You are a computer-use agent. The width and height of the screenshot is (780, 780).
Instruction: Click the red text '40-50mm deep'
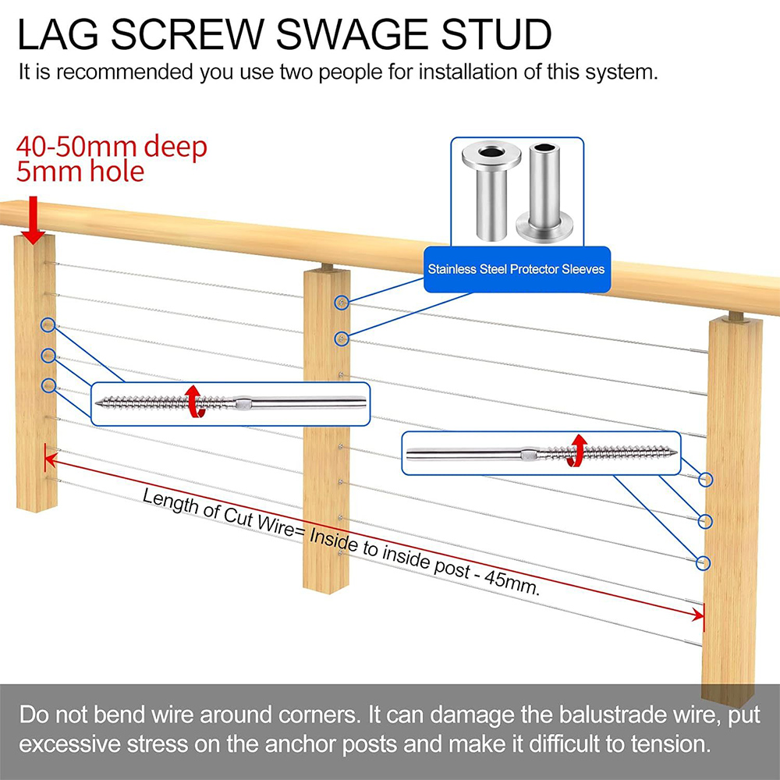tap(112, 147)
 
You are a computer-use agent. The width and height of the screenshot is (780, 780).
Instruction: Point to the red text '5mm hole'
tap(80, 172)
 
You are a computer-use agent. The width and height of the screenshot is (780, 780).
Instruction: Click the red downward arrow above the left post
tap(34, 220)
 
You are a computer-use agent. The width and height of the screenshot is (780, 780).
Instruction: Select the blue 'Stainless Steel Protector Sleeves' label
tap(516, 269)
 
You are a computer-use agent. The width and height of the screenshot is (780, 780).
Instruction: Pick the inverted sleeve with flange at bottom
tap(544, 193)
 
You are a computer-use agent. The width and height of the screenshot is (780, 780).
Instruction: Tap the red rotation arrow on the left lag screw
tap(193, 401)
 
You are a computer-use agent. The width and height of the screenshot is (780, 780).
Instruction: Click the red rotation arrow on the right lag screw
tap(576, 451)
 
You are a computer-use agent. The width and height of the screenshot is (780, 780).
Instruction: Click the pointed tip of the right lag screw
tap(675, 452)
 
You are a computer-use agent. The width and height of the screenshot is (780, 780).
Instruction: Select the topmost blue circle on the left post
tap(48, 324)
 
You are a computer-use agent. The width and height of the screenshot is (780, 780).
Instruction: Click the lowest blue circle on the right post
tap(704, 562)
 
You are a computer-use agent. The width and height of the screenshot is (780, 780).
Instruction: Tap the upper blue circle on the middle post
tap(342, 303)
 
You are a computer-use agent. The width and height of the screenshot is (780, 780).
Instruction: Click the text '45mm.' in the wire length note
tap(512, 583)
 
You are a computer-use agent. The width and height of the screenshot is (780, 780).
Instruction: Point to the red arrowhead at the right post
tap(698, 615)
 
